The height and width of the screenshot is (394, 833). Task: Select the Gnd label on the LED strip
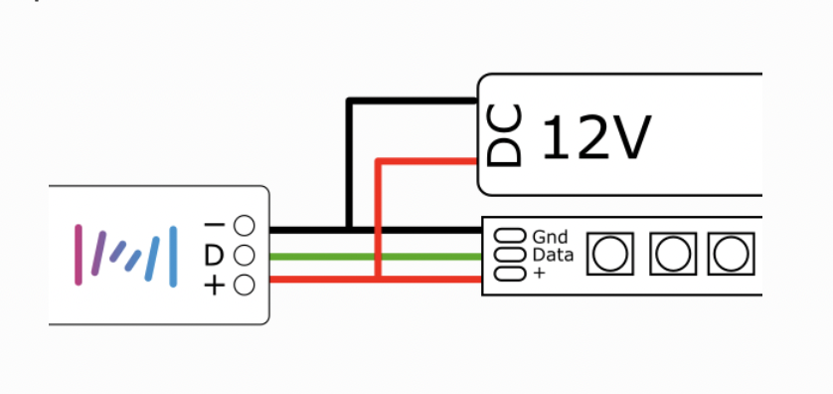click(x=550, y=237)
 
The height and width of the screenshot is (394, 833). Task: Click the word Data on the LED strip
click(x=553, y=255)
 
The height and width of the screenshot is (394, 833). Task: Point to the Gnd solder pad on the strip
click(x=509, y=237)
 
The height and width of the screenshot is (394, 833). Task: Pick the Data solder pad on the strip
click(x=508, y=255)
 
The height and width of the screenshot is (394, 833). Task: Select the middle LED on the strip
click(x=673, y=255)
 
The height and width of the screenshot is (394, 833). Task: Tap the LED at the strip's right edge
click(x=731, y=255)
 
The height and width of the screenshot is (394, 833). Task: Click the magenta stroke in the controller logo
click(x=80, y=255)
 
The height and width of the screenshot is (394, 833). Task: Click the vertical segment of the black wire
click(x=348, y=164)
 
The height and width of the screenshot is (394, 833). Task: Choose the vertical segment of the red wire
click(x=377, y=219)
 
